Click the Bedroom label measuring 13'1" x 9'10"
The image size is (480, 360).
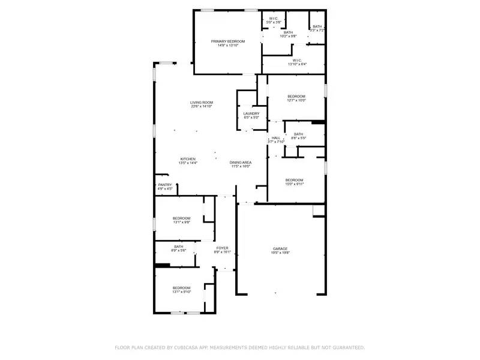click(181, 289)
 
